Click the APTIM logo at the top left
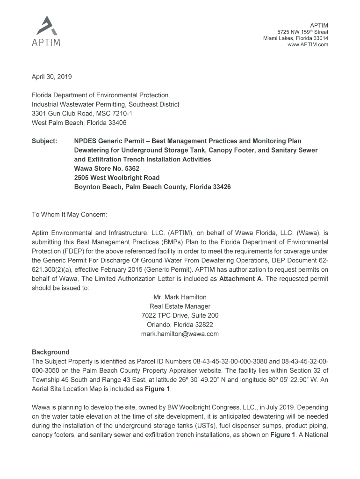(x=46, y=32)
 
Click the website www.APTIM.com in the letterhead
(x=305, y=45)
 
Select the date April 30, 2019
(x=52, y=77)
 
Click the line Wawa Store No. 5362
(x=107, y=168)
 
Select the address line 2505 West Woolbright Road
(x=117, y=178)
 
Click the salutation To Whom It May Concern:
(x=69, y=215)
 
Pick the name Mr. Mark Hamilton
(x=180, y=297)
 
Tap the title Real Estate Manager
(x=180, y=306)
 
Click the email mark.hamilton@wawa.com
(x=180, y=334)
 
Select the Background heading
(x=50, y=352)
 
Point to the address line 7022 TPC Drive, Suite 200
(x=180, y=316)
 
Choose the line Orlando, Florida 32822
(x=180, y=325)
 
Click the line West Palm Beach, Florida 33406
(x=79, y=123)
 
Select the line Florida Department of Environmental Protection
(x=100, y=95)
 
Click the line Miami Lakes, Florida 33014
(x=295, y=38)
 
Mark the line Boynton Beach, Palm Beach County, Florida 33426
(x=152, y=187)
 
